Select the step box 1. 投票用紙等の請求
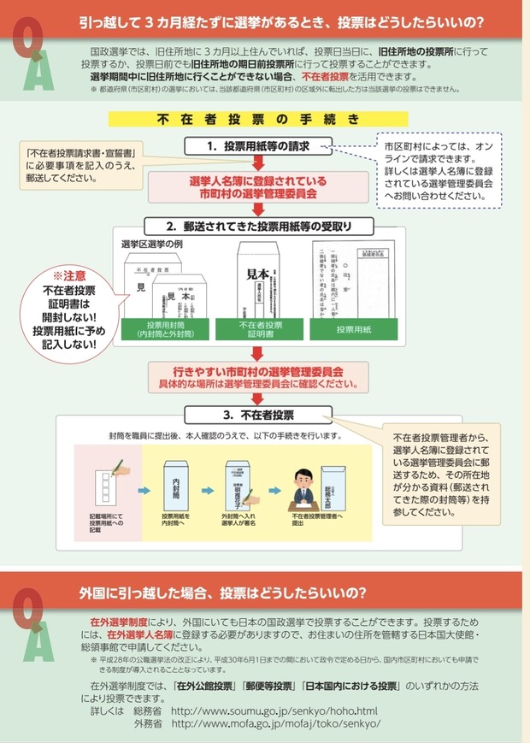[x=258, y=146]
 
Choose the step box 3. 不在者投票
[x=258, y=415]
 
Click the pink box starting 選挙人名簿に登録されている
[x=257, y=188]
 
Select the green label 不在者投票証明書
[x=260, y=330]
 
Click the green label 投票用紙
[x=351, y=330]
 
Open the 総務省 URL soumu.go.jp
[x=274, y=711]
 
